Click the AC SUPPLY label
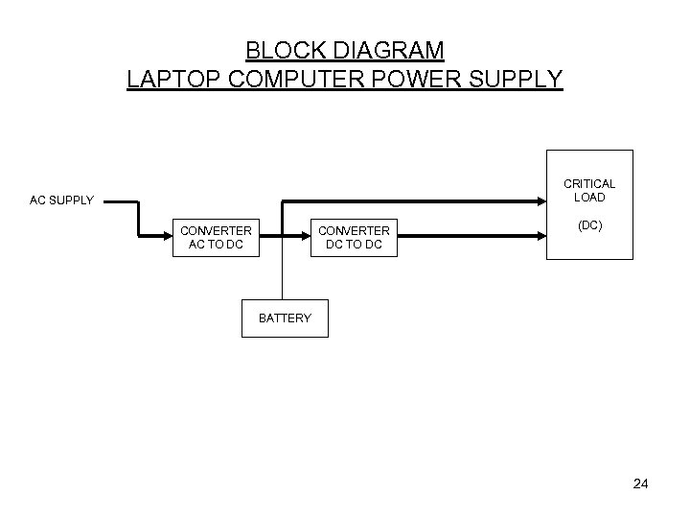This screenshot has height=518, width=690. pos(61,200)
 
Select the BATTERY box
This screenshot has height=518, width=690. pos(285,318)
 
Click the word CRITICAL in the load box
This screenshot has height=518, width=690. pos(589,184)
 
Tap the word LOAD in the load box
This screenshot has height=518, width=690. pos(589,198)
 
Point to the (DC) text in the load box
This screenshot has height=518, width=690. pos(589,226)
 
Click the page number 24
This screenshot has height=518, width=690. pos(641,484)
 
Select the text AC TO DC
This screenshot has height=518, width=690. pos(216,245)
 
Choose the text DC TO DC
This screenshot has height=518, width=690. pos(354,245)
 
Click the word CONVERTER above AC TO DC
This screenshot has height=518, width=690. pos(216,231)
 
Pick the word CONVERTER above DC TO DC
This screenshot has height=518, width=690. pos(354,231)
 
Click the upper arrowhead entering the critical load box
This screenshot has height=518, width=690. pos(540,201)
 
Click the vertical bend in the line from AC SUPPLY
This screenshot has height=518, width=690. pos(139,217)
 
